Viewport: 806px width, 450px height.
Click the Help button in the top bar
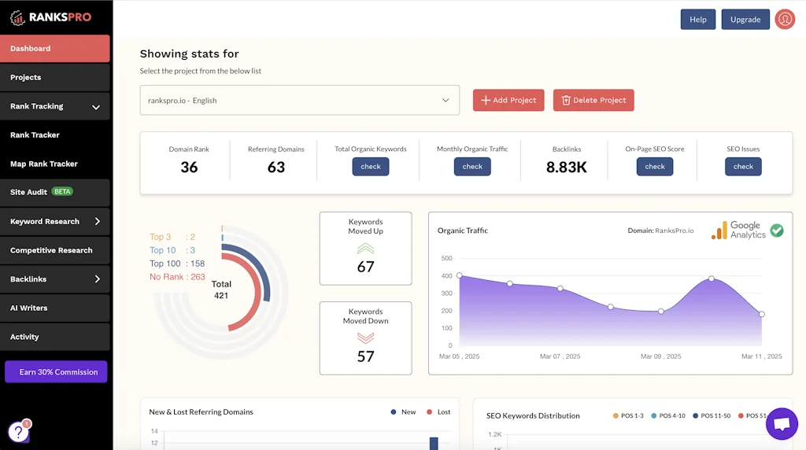point(697,20)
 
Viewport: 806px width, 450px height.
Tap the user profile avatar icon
point(784,20)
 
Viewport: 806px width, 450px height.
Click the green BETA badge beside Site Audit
point(62,192)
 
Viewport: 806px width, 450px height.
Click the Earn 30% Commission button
point(56,372)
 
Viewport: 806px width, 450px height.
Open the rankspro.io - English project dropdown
point(299,100)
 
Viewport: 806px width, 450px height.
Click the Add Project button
point(508,100)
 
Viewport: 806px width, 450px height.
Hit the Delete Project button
point(593,100)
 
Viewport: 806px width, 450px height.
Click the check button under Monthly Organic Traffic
point(472,167)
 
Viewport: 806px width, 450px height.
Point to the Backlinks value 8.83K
point(567,167)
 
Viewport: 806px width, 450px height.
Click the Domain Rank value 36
point(189,167)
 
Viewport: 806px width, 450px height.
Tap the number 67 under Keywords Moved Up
point(365,267)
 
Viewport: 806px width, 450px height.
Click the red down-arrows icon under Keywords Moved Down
point(365,337)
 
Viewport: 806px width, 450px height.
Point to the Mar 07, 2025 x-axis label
point(560,356)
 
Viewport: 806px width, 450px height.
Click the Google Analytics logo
point(738,230)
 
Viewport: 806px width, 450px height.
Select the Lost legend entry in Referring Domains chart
point(438,411)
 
